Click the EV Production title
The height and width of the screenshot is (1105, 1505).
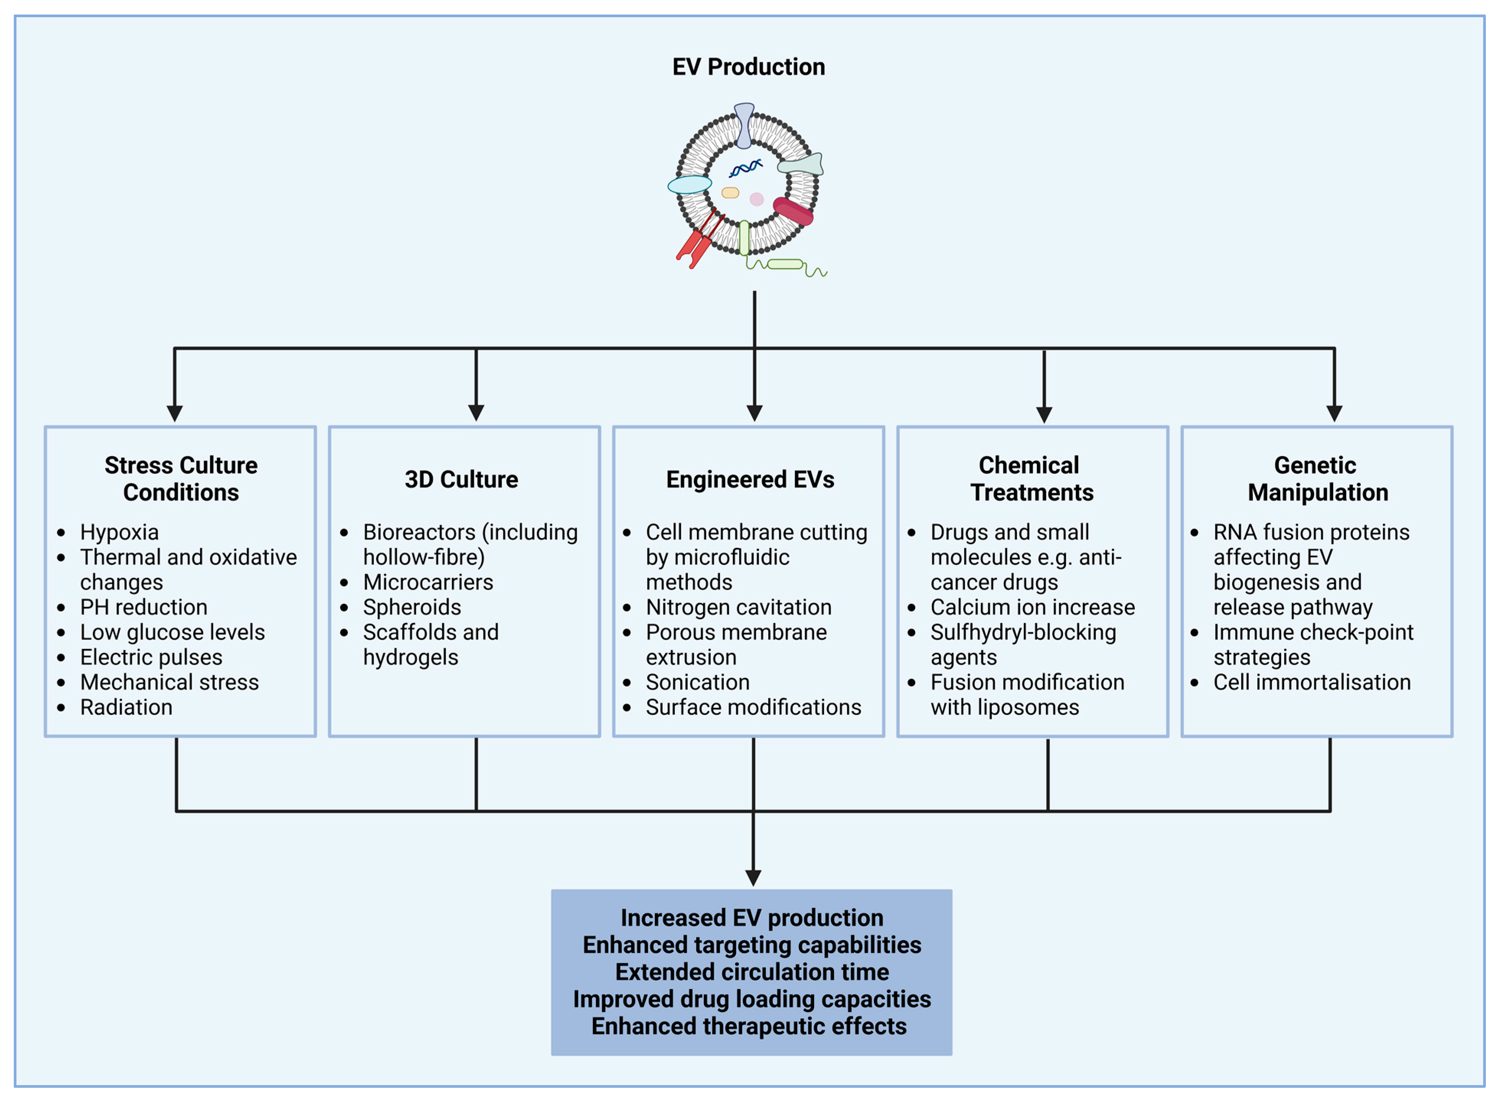tap(748, 67)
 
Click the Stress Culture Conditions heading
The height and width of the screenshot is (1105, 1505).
tap(181, 478)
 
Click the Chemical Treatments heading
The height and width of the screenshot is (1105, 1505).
tap(1031, 478)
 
